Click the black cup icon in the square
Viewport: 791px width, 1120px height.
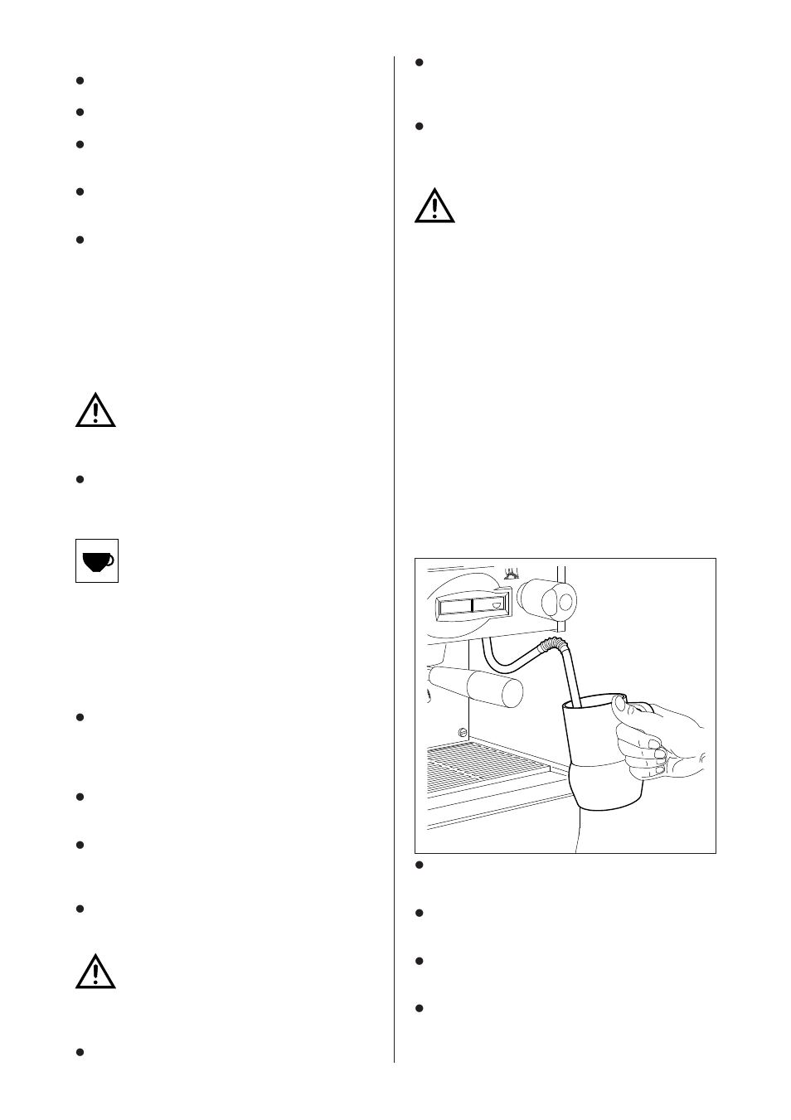[97, 561]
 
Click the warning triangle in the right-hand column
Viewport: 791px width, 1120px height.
[434, 206]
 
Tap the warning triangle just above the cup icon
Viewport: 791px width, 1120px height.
[95, 410]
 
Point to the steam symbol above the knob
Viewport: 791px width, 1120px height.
[512, 571]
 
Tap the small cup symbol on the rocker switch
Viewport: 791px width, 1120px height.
[497, 605]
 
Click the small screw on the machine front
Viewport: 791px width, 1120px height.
[461, 731]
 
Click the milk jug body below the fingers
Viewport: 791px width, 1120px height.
[605, 788]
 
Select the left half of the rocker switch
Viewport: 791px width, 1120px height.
[453, 606]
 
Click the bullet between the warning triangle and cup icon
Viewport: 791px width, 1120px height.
[80, 479]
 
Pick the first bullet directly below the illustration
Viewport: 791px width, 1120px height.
[420, 865]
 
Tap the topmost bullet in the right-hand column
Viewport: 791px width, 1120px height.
[420, 62]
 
